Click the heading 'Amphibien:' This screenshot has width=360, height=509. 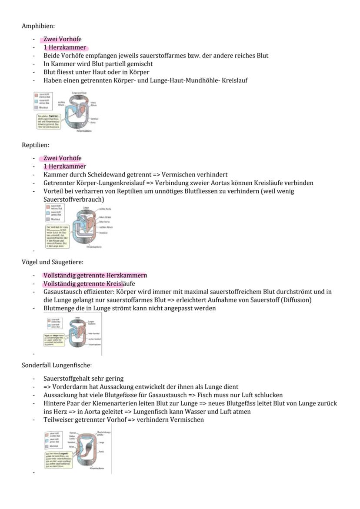(38, 26)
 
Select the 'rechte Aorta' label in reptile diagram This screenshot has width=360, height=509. (105, 210)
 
